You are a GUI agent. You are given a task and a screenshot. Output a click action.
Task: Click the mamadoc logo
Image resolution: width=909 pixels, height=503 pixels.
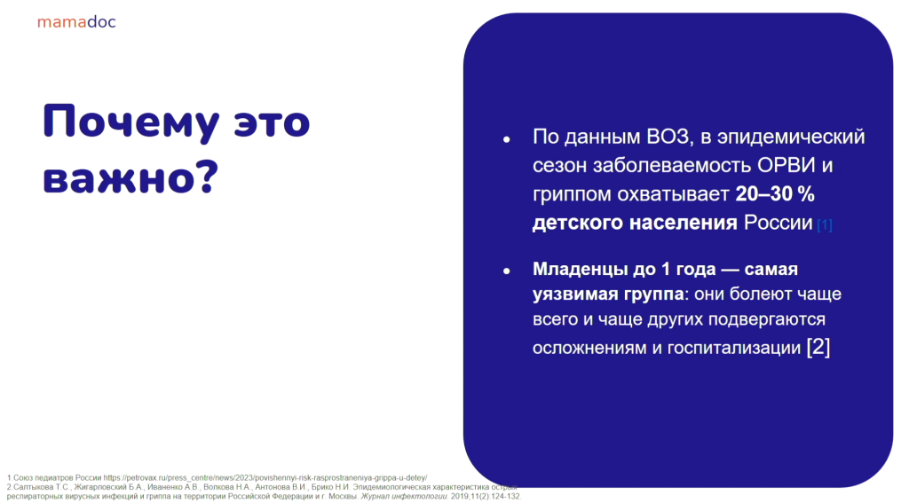pos(76,22)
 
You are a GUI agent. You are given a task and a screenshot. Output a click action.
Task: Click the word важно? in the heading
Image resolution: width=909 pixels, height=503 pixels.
pos(130,177)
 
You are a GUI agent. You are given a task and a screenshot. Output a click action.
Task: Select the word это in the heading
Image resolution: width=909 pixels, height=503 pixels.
pos(272,122)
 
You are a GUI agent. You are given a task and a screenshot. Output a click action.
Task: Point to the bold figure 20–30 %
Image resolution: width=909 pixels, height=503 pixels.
pos(775,194)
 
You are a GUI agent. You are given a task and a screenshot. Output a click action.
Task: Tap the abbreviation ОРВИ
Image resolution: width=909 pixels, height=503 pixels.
pos(786,165)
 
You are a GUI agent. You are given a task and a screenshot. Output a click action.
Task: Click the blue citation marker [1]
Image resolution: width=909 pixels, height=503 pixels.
pos(825,224)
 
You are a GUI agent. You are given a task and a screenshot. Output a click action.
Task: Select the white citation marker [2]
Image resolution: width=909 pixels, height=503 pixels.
pos(818,347)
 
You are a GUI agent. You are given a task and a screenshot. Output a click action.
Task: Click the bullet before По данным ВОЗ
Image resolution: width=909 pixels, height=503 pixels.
pos(507,139)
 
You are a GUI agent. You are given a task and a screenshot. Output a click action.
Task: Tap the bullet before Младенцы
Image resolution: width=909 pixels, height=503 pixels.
pos(507,271)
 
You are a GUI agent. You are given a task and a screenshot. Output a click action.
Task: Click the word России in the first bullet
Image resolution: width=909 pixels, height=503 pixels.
pos(778,223)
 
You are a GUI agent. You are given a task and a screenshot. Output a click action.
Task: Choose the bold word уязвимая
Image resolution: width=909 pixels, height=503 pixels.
pos(575,295)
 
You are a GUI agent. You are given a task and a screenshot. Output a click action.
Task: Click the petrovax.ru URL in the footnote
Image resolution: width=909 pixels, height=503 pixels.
pos(265,478)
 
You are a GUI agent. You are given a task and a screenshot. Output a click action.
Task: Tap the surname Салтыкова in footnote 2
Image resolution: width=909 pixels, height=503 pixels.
pos(34,487)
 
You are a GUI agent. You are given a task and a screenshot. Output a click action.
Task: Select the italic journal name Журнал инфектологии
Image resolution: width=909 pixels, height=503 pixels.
pos(404,497)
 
